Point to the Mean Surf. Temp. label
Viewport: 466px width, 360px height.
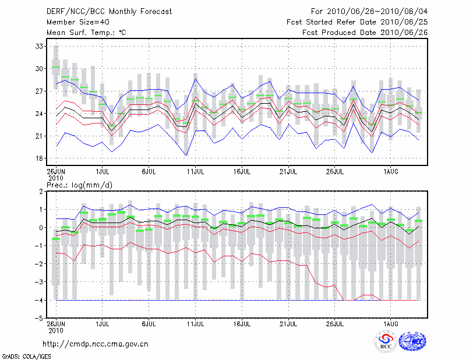pos(86,33)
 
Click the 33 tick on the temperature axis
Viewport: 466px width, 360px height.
pos(40,46)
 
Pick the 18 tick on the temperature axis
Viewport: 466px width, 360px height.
pos(40,158)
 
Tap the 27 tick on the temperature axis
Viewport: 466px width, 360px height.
pos(40,91)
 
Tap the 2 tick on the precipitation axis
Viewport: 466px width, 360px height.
pos(41,191)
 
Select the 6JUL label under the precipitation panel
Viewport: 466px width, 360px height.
pos(149,323)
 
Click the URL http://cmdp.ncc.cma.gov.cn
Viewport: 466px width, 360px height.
pos(96,344)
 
